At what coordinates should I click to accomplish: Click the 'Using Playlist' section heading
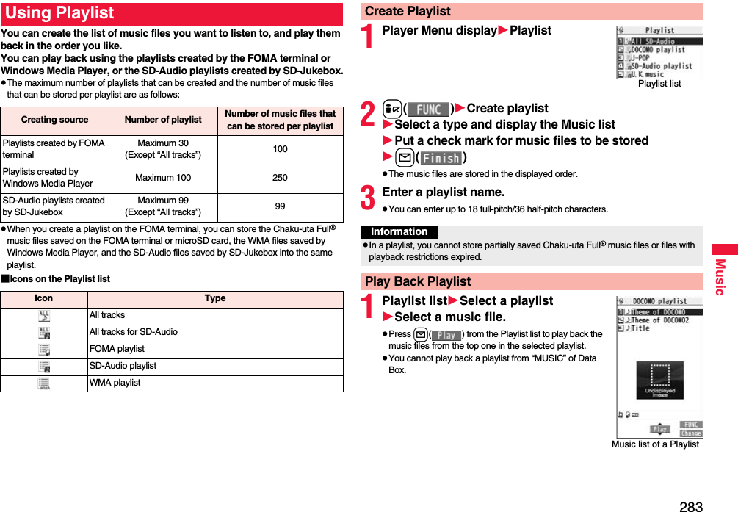(60, 14)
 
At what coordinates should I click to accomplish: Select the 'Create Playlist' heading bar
(408, 12)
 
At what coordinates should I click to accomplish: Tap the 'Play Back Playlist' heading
(418, 281)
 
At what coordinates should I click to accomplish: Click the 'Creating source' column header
(54, 120)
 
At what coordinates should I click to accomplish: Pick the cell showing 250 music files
(280, 178)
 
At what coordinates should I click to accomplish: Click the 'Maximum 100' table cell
(163, 178)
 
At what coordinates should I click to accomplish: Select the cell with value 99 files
(280, 206)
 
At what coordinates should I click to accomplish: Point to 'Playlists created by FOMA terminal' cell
(54, 149)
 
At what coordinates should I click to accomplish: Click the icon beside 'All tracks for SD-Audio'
(44, 333)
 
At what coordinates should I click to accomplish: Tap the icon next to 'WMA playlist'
(44, 383)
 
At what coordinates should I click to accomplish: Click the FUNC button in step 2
(428, 109)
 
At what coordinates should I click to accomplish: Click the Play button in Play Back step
(446, 335)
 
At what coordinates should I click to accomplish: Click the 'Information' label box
(399, 231)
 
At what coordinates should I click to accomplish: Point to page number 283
(690, 505)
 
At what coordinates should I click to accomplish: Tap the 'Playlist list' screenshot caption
(659, 84)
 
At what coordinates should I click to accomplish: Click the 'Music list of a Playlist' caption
(655, 444)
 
